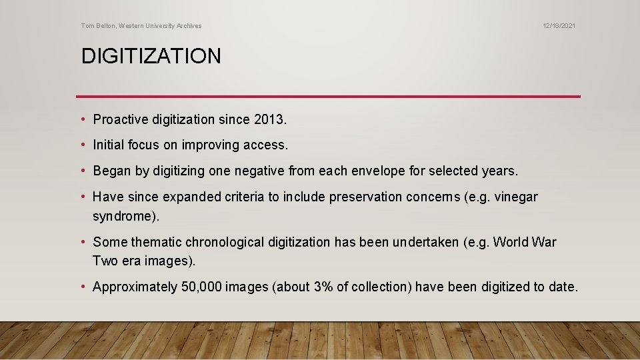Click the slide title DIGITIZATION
pos(151,56)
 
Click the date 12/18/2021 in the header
pos(559,26)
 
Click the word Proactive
pos(120,120)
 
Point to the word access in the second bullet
pos(266,145)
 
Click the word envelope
pos(371,171)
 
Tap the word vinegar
pos(515,197)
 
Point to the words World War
pos(525,242)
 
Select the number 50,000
pos(202,287)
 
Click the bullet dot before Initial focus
pos(83,145)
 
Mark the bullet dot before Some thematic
pos(83,242)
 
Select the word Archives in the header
pos(187,26)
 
